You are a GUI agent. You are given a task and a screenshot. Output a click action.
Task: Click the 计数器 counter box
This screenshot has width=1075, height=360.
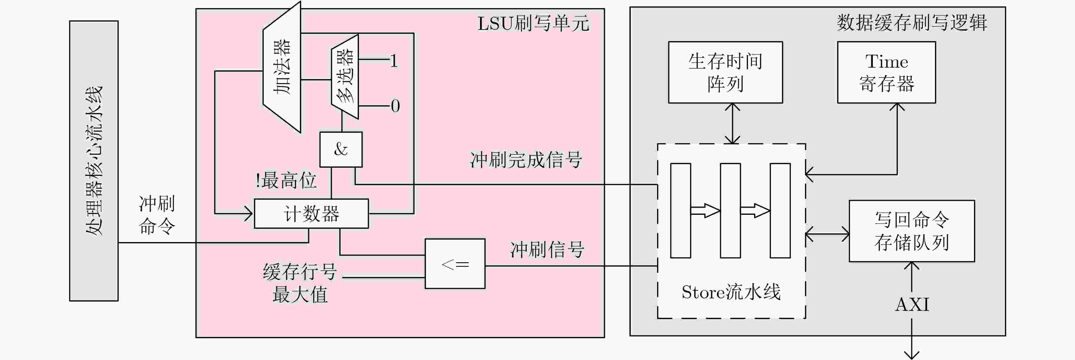(311, 214)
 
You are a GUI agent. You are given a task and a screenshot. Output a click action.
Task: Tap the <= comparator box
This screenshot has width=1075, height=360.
(455, 264)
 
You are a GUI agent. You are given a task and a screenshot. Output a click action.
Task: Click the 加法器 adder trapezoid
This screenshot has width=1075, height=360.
(282, 67)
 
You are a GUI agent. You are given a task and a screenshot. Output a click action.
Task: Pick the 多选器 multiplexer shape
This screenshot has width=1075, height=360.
(345, 77)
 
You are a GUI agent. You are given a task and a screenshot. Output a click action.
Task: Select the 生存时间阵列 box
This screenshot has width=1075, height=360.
(725, 72)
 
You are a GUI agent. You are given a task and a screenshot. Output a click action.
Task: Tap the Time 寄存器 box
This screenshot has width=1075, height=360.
(886, 72)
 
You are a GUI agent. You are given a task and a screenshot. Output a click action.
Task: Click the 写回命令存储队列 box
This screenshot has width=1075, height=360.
(912, 231)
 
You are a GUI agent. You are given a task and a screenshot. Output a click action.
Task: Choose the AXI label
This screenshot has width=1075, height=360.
(912, 305)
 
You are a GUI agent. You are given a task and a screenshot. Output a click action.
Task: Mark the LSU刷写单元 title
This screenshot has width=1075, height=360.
(533, 23)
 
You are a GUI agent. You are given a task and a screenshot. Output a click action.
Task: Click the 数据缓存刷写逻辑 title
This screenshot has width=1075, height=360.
(912, 22)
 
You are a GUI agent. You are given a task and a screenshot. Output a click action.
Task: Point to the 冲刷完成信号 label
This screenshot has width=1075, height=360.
(526, 160)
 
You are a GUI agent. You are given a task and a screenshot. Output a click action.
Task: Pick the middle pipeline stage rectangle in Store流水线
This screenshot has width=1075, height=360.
(730, 211)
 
